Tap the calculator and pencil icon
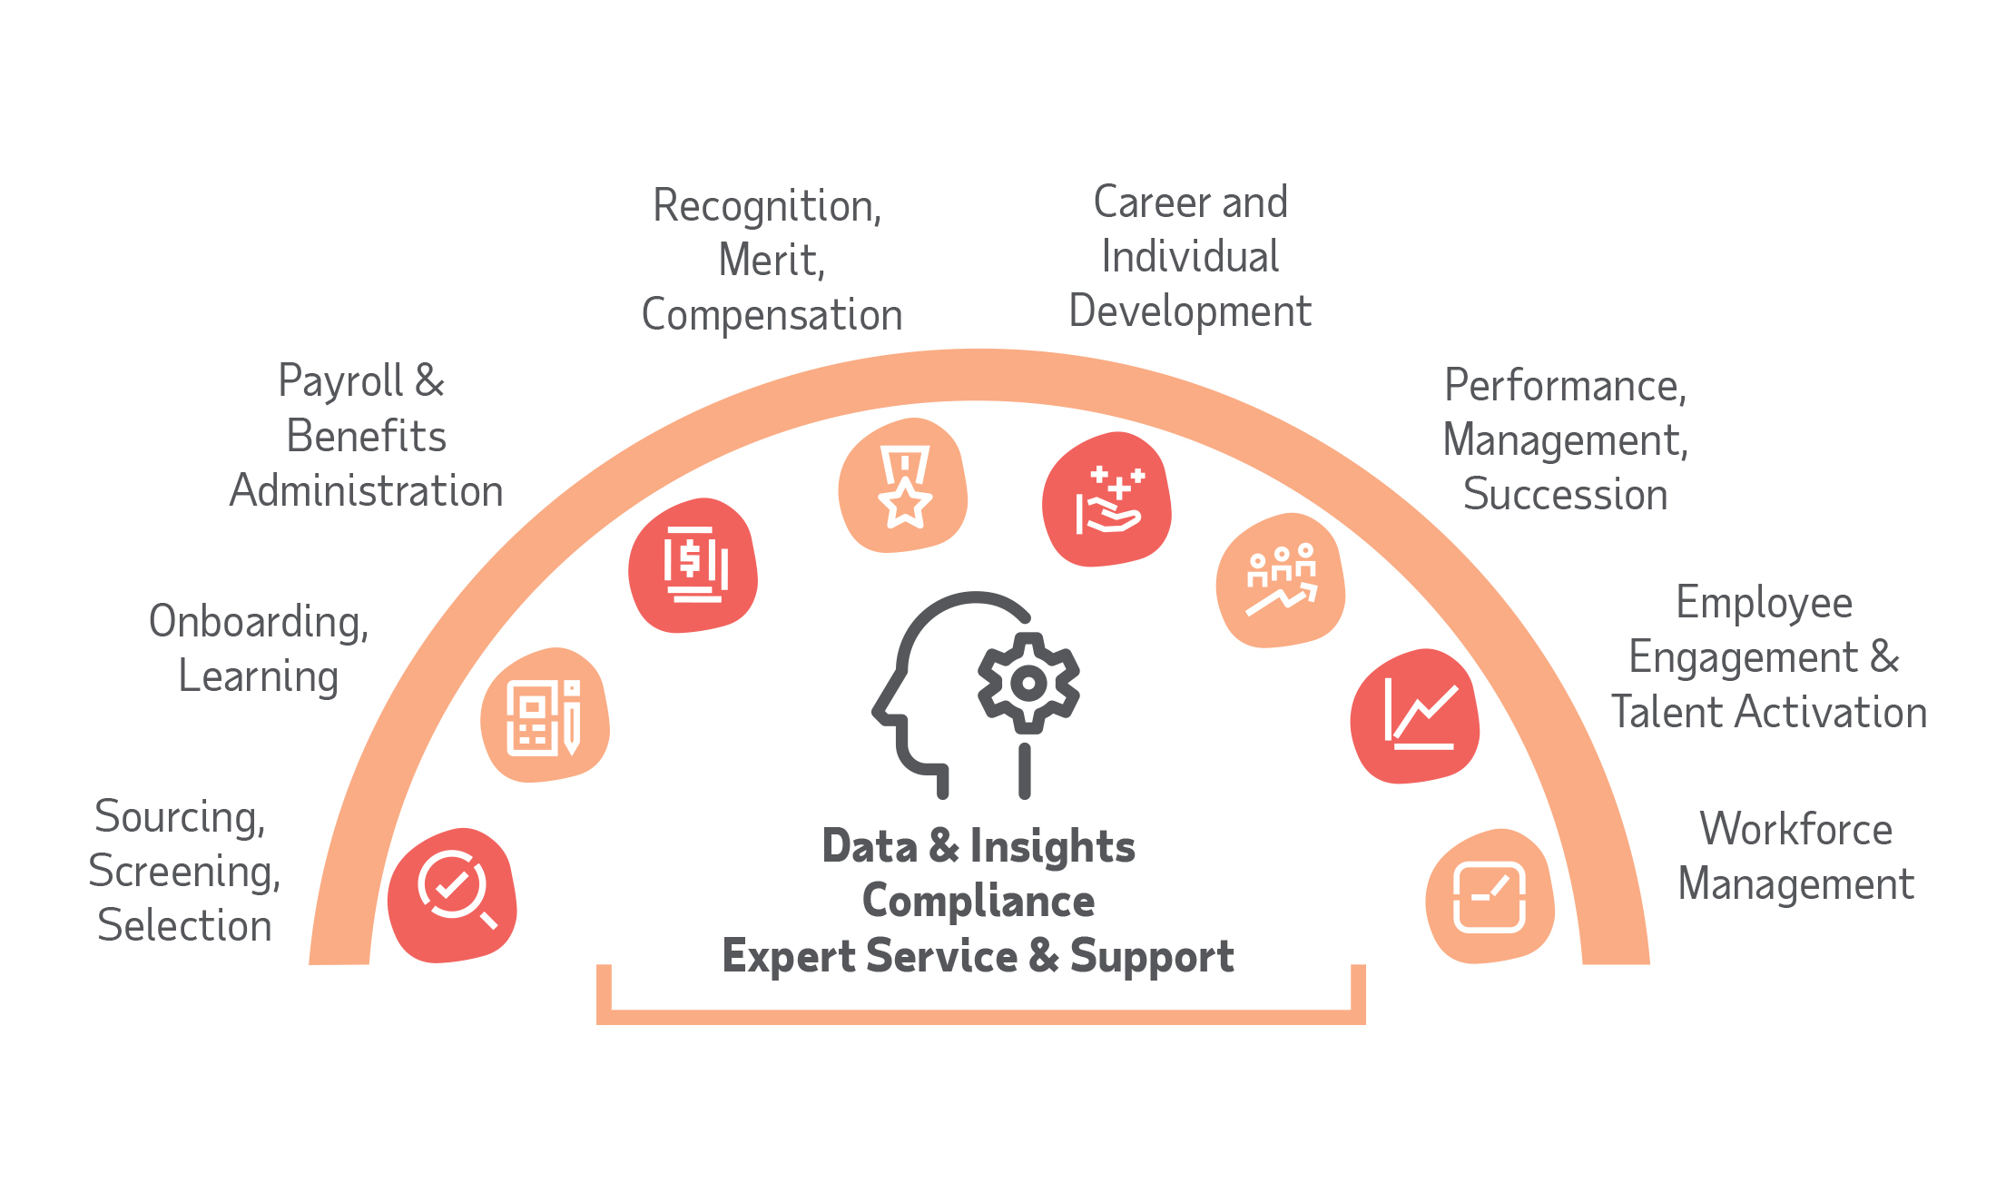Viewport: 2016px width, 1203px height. click(x=544, y=717)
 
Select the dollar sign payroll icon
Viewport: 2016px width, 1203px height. click(x=694, y=565)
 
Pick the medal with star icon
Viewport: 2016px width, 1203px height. click(x=904, y=487)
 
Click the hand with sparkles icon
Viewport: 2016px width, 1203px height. click(x=1107, y=500)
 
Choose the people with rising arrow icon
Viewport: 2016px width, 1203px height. click(x=1281, y=581)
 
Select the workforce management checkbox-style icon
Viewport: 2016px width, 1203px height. click(x=1490, y=896)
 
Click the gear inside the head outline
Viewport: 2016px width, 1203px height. click(x=1028, y=683)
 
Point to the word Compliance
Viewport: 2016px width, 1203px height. click(x=978, y=901)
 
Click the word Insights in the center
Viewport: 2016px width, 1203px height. click(x=1052, y=847)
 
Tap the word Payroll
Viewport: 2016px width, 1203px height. click(x=340, y=381)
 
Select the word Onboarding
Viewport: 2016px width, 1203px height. click(x=259, y=623)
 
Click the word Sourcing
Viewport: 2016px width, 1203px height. click(x=180, y=817)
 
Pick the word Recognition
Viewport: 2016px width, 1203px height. click(x=767, y=206)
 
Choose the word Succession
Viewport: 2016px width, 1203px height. click(x=1565, y=495)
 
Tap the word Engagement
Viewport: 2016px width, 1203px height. click(x=1743, y=658)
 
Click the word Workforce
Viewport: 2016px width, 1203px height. click(x=1795, y=829)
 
